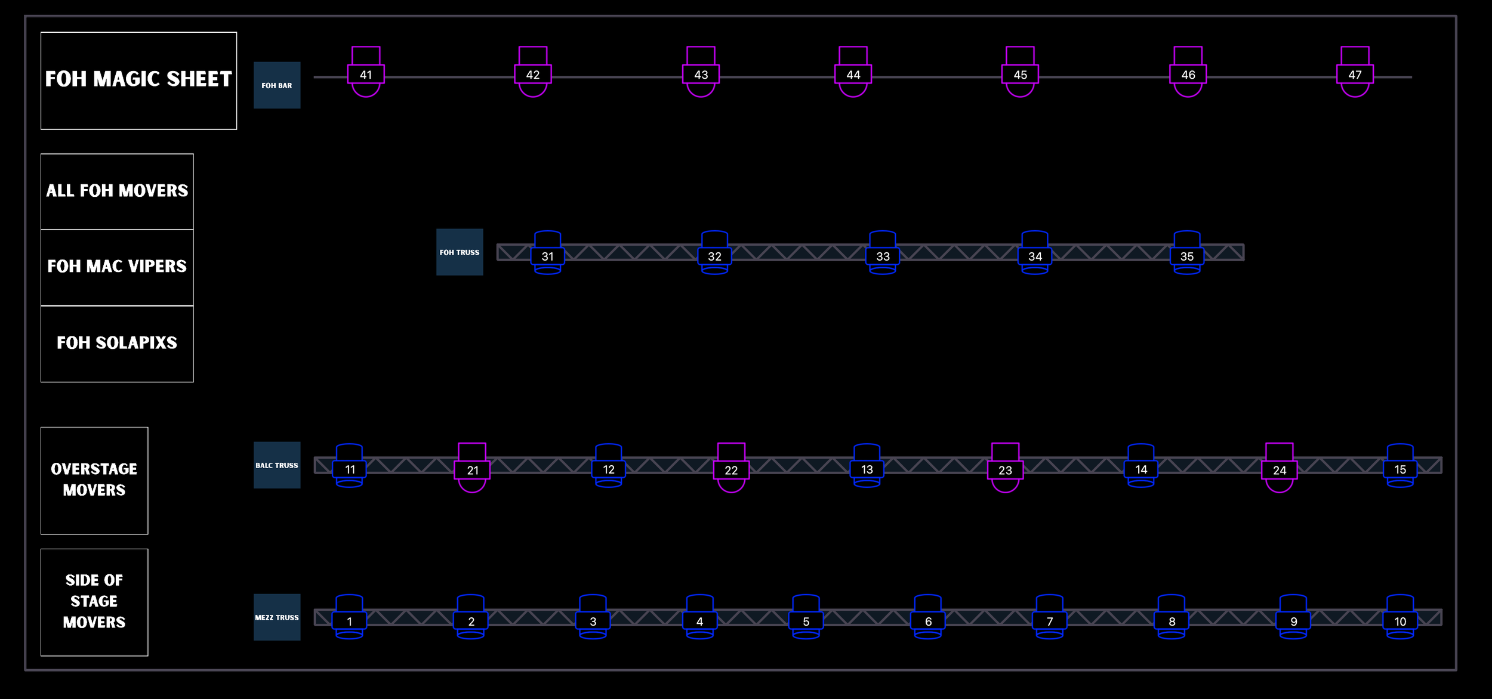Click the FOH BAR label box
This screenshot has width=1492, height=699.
277,85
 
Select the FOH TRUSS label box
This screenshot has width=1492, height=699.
460,252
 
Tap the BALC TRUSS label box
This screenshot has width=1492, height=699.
277,465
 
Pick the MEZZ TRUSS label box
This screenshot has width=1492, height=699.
277,617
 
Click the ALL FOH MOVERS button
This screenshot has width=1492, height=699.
117,191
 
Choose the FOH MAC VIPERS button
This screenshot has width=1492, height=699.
117,267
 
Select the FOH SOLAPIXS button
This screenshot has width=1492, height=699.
117,343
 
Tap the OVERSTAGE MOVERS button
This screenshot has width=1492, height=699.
94,480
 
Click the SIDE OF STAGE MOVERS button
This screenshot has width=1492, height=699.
94,602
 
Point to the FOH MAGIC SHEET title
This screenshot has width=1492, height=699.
138,80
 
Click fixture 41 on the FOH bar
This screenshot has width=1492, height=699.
366,75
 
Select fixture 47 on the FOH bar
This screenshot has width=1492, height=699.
1355,75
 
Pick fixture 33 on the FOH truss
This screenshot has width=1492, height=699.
883,256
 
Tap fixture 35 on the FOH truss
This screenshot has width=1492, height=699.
1187,256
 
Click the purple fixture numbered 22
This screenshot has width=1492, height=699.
731,470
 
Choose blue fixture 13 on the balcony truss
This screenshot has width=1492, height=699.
867,469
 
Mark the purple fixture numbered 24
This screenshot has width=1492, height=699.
1280,470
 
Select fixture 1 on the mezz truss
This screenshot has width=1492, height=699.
350,621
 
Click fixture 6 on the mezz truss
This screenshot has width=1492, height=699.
928,621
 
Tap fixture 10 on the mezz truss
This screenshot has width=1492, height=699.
1400,621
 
